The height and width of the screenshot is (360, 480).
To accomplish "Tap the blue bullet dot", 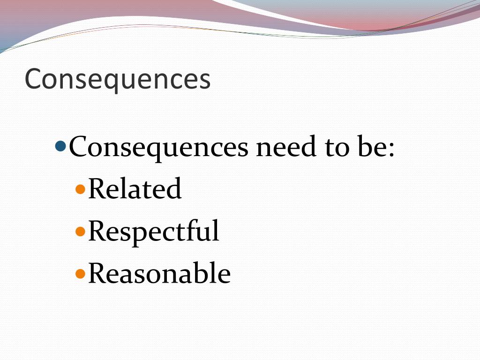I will pyautogui.click(x=61, y=147).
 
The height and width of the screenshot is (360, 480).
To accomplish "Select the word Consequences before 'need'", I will pyautogui.click(x=158, y=147).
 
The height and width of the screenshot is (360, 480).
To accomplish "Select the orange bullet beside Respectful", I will pyautogui.click(x=81, y=231).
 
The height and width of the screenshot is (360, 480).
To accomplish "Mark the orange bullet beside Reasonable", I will pyautogui.click(x=81, y=273).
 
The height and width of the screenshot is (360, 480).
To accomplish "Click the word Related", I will pyautogui.click(x=135, y=189).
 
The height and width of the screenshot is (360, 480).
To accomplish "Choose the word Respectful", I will pyautogui.click(x=153, y=231).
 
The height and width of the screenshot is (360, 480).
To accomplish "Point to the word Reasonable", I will pyautogui.click(x=159, y=273).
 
